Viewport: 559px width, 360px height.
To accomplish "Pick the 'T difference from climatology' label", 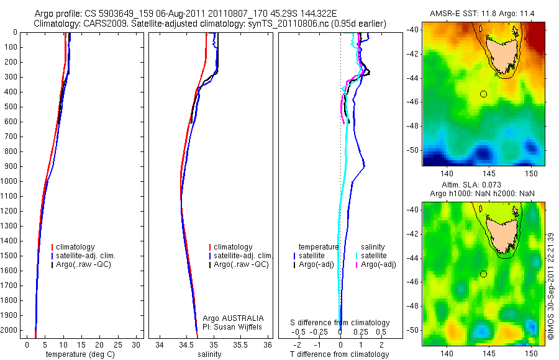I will point(340,354).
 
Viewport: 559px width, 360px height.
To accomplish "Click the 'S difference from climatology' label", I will point(340,323).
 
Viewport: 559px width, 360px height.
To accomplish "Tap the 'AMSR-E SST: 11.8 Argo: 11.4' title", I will point(483,14).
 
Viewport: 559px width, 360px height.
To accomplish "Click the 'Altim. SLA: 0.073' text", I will point(483,186).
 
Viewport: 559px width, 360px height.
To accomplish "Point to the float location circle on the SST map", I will point(483,94).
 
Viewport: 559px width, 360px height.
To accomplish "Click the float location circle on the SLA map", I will point(483,274).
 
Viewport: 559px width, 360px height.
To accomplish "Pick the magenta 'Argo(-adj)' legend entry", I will point(378,265).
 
